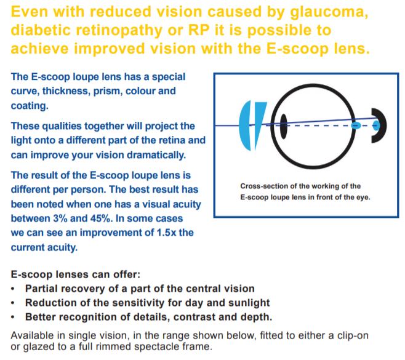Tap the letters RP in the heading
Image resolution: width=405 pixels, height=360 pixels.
pyautogui.click(x=199, y=30)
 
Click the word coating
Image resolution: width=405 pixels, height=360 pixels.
pyautogui.click(x=30, y=106)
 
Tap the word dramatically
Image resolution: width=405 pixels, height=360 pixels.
pyautogui.click(x=156, y=155)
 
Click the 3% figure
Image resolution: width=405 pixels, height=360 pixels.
pyautogui.click(x=60, y=218)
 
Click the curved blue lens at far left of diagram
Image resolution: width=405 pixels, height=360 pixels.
pyautogui.click(x=245, y=126)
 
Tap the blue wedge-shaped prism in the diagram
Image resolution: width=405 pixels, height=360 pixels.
pyautogui.click(x=260, y=121)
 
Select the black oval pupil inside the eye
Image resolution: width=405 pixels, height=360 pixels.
pyautogui.click(x=284, y=126)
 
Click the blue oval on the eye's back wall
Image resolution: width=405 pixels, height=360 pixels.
pyautogui.click(x=356, y=126)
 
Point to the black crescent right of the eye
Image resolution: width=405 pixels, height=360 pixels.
pyautogui.click(x=381, y=126)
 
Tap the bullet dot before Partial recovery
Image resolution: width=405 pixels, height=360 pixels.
pyautogui.click(x=13, y=289)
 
